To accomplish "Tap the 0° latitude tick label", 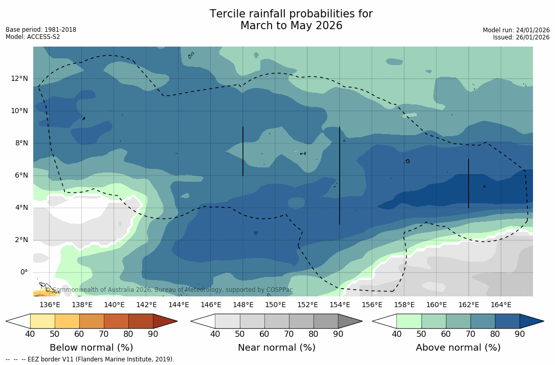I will pyautogui.click(x=24, y=272).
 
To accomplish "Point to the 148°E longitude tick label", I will pyautogui.click(x=243, y=305).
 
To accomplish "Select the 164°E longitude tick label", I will pyautogui.click(x=501, y=305).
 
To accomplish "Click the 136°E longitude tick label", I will pyautogui.click(x=50, y=305).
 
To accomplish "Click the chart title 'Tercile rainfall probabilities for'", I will pyautogui.click(x=291, y=14).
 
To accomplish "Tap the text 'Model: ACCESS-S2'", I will pyautogui.click(x=33, y=37).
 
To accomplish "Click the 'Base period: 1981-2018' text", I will pyautogui.click(x=41, y=30).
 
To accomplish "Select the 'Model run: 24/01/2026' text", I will pyautogui.click(x=516, y=30).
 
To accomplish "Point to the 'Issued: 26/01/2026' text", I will pyautogui.click(x=521, y=37).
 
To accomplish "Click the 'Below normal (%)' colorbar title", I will pyautogui.click(x=91, y=348).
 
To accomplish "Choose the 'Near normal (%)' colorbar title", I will pyautogui.click(x=276, y=348).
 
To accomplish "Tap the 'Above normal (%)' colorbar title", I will pyautogui.click(x=458, y=348).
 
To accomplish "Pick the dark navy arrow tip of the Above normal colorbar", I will pyautogui.click(x=534, y=321).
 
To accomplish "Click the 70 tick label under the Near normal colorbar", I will pyautogui.click(x=288, y=334).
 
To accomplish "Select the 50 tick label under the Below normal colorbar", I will pyautogui.click(x=55, y=334).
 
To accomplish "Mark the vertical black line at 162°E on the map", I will pyautogui.click(x=469, y=183).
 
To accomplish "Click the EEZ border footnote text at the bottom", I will pyautogui.click(x=90, y=359).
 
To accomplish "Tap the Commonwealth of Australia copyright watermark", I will pyautogui.click(x=169, y=290).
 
